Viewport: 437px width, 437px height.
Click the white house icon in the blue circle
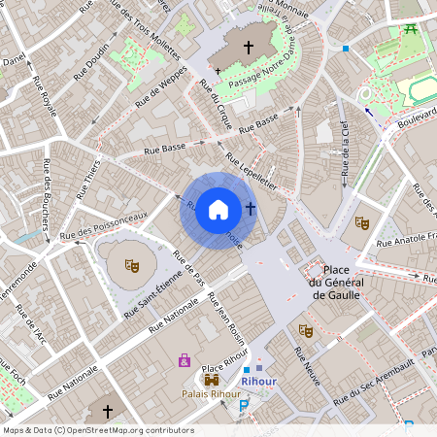point(218,209)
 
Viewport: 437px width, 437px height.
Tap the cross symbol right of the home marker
point(251,208)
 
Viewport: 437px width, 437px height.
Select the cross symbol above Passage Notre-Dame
point(248,47)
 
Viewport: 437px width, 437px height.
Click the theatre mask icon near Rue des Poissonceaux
point(131,263)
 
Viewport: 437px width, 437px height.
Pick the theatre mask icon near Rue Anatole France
point(361,222)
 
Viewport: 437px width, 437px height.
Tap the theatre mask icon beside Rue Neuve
point(304,330)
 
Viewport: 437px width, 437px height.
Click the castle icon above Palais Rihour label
point(212,380)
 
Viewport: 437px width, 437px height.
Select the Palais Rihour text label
point(211,394)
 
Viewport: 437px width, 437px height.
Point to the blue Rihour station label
point(259,382)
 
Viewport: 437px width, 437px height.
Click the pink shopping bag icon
point(184,360)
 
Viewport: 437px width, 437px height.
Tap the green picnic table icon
point(410,30)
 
